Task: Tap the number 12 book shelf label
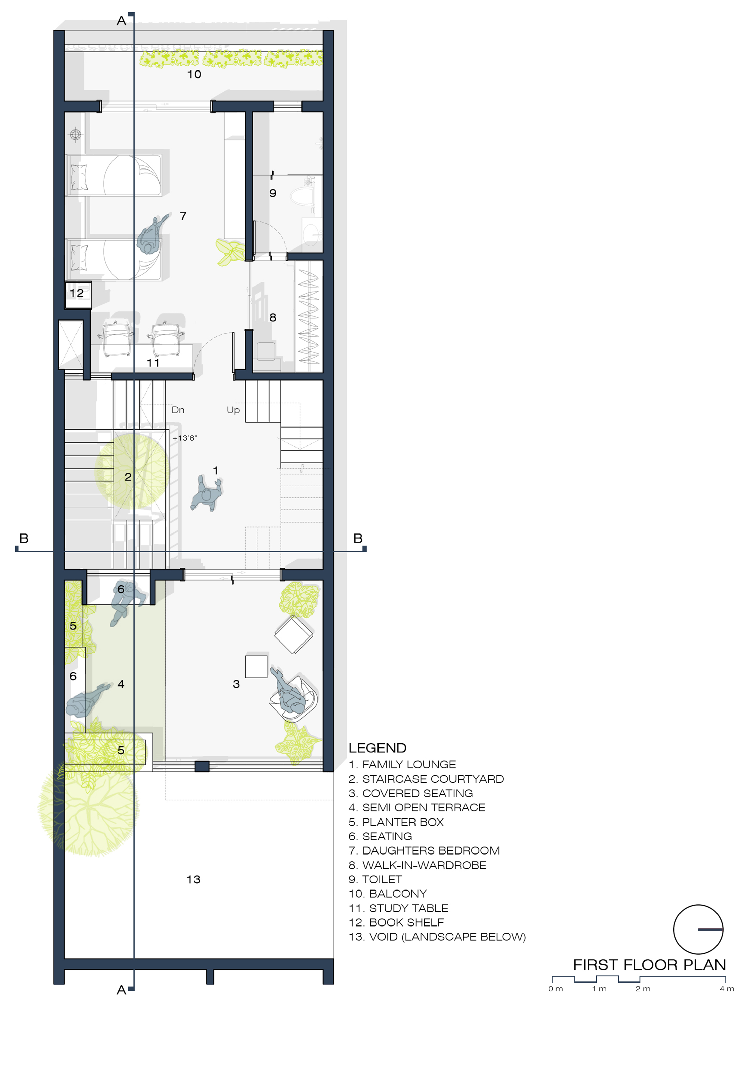(x=77, y=293)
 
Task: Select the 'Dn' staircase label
(x=178, y=410)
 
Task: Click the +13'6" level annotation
(x=184, y=438)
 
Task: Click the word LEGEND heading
(x=377, y=748)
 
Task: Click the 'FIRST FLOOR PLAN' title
(x=650, y=965)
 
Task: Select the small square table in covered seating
(x=256, y=667)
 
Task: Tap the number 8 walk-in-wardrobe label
(x=273, y=318)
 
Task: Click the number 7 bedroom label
(x=183, y=216)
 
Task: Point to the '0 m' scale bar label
(x=556, y=989)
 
